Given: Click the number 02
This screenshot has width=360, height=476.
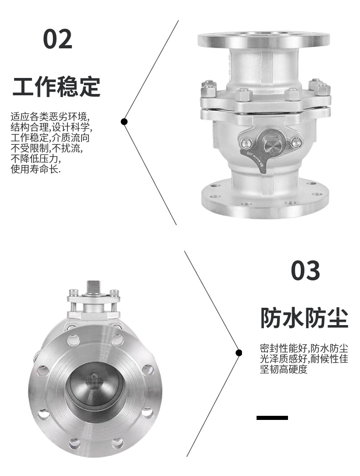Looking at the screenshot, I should pos(58,39).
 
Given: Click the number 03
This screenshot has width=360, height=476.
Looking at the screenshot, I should pos(305,271).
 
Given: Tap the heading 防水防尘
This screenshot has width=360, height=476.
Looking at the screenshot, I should pos(304,318).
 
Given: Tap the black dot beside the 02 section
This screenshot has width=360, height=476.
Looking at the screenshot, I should pos(124,121).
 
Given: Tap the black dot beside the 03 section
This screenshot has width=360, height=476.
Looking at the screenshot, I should pos(238,352).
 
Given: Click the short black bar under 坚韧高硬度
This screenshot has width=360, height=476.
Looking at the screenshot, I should pos(272,418).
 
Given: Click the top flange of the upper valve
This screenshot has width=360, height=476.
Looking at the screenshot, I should pos(263,40).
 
